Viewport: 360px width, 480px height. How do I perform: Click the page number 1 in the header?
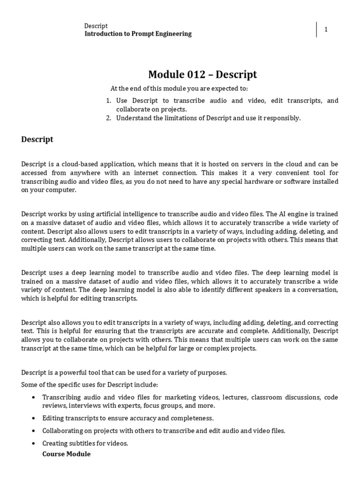point(326,30)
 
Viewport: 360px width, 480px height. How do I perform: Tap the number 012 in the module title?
point(192,74)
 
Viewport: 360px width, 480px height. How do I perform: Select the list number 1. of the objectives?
point(108,101)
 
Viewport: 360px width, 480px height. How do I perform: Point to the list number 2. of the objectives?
point(108,118)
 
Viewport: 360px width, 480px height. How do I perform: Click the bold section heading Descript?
point(37,139)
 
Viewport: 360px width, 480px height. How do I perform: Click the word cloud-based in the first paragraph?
point(74,165)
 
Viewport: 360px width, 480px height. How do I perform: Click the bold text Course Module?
point(66,454)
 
